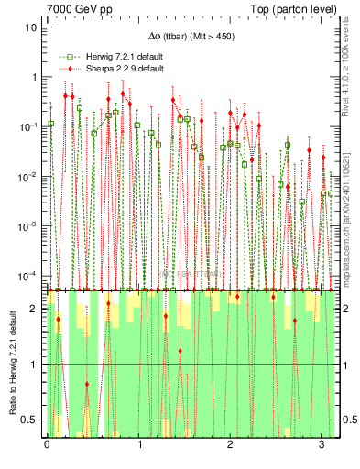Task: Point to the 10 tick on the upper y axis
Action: point(32,27)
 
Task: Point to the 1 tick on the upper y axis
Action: point(35,77)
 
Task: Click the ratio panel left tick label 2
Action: point(35,309)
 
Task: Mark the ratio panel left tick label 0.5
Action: point(31,420)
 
